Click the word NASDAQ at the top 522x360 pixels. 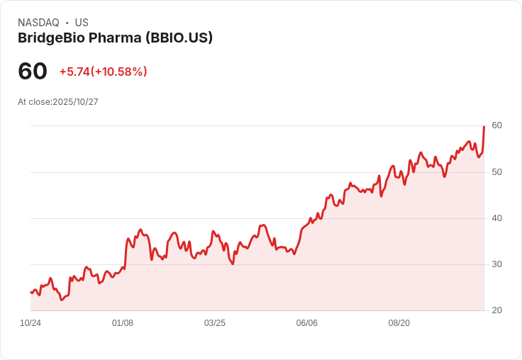(x=38, y=23)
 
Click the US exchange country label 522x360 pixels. (x=82, y=23)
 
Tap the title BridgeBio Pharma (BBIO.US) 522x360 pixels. (x=115, y=38)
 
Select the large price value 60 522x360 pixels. (x=33, y=72)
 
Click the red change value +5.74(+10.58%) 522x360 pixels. (x=103, y=72)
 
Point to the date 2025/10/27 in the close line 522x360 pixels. (x=75, y=102)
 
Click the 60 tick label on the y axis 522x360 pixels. (x=496, y=125)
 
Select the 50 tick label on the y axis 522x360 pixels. (x=496, y=171)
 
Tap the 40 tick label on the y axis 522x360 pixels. (x=496, y=218)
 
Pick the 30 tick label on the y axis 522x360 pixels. (x=496, y=264)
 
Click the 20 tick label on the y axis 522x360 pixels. (x=496, y=310)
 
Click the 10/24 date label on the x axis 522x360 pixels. (x=30, y=323)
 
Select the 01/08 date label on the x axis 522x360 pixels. (x=123, y=323)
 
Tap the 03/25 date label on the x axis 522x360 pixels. (x=215, y=323)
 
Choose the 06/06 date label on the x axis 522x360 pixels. (x=307, y=323)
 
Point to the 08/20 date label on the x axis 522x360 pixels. (x=399, y=323)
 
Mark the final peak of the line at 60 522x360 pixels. (x=484, y=127)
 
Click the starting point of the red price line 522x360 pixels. (x=31, y=292)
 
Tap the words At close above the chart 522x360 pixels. (x=34, y=102)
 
